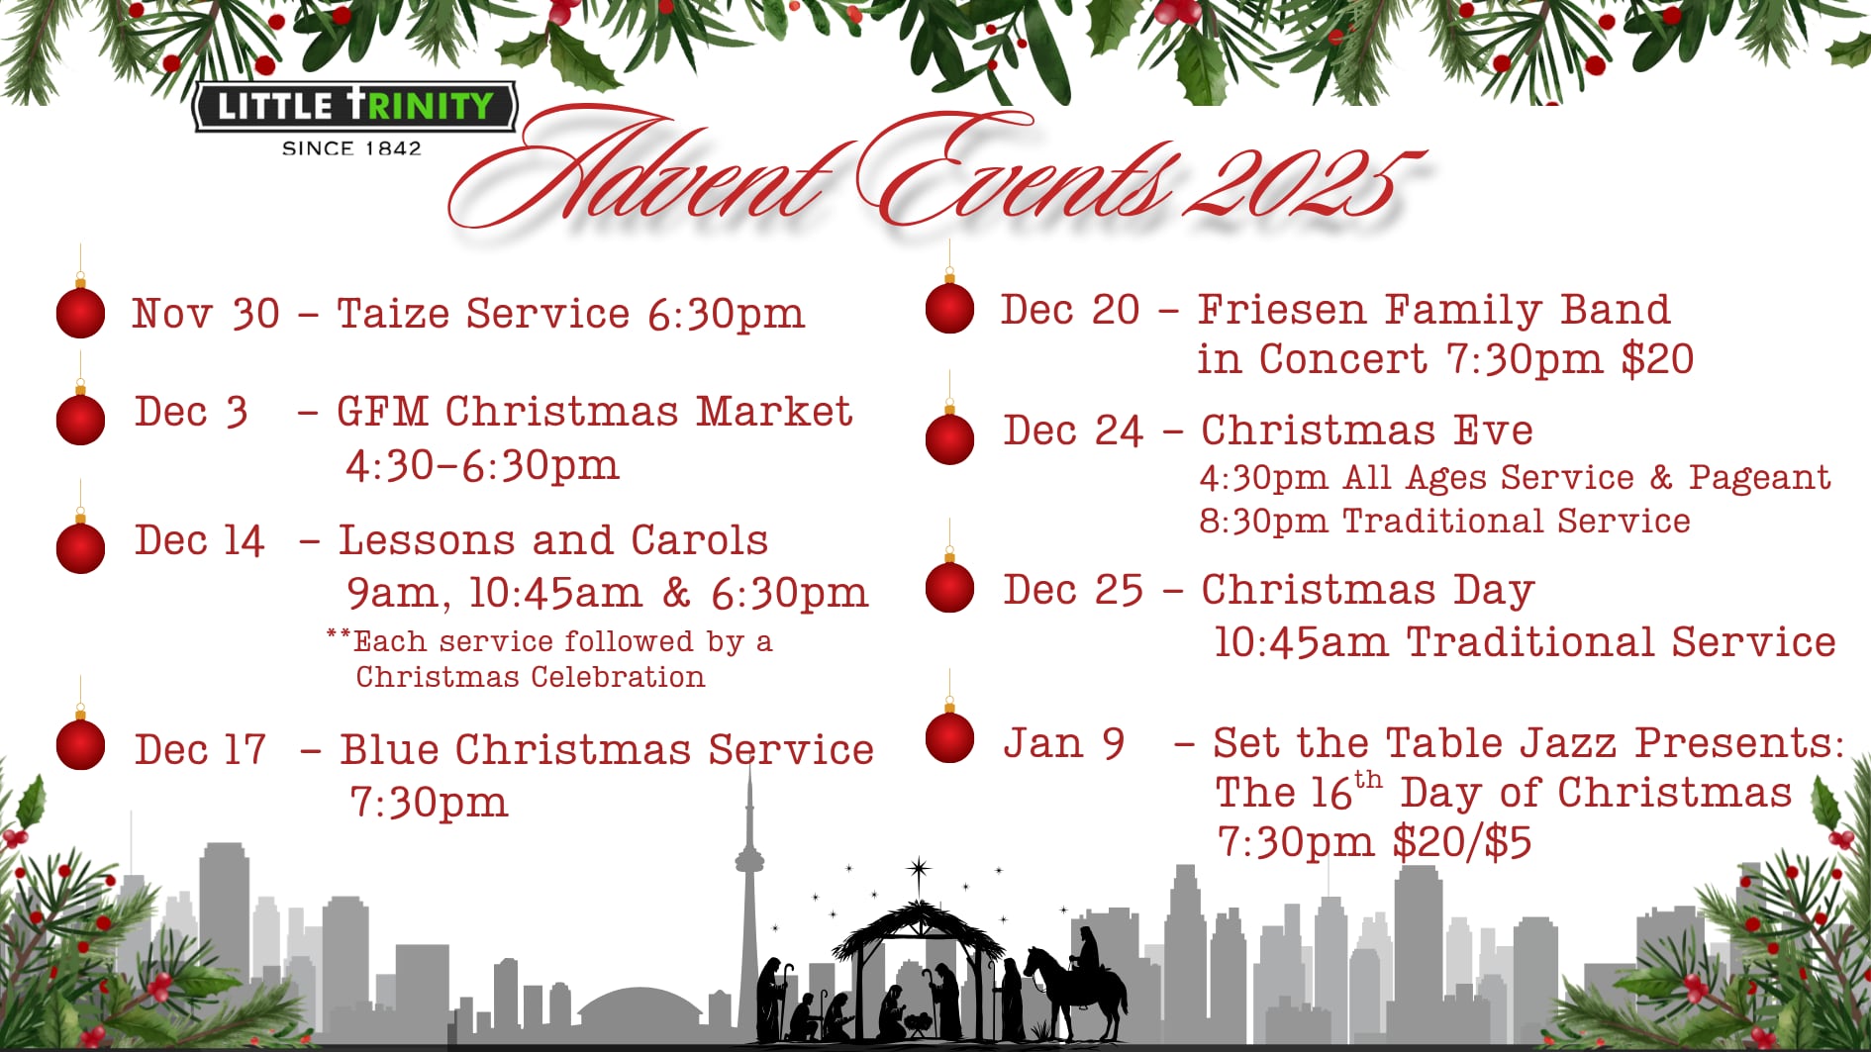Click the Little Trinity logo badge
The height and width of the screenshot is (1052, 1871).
coord(354,106)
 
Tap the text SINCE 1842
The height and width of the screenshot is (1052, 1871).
coord(351,148)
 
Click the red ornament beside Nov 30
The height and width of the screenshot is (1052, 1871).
coord(80,312)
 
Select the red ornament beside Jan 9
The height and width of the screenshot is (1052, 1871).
coord(949,737)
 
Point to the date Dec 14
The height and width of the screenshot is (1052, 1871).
coord(199,540)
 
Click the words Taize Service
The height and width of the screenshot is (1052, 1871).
coord(483,314)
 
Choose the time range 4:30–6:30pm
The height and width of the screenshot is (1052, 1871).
coord(482,465)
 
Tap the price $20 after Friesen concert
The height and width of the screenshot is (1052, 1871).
coord(1657,358)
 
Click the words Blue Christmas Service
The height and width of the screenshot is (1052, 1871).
coord(607,749)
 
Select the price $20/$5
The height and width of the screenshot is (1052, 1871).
coord(1461,842)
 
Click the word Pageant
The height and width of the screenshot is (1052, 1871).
coord(1759,478)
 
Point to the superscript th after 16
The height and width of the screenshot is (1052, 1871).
coord(1368,779)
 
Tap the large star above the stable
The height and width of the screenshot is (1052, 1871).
coord(919,871)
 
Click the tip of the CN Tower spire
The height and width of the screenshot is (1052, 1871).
coord(749,764)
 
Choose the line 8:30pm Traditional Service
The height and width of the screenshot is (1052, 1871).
coord(1444,521)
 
